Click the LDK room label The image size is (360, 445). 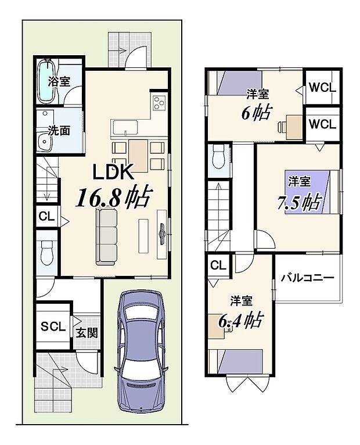coord(115,172)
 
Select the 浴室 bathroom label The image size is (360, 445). coord(59,82)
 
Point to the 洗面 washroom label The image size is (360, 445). coord(59,130)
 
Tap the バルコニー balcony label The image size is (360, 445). coord(308,278)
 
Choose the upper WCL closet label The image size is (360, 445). coord(322,88)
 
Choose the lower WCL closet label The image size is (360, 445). coord(322,124)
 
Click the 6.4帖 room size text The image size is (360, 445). coord(239,319)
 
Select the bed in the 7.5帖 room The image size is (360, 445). coord(311,191)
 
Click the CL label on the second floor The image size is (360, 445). coord(218,266)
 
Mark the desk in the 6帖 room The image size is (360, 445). coord(291,124)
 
